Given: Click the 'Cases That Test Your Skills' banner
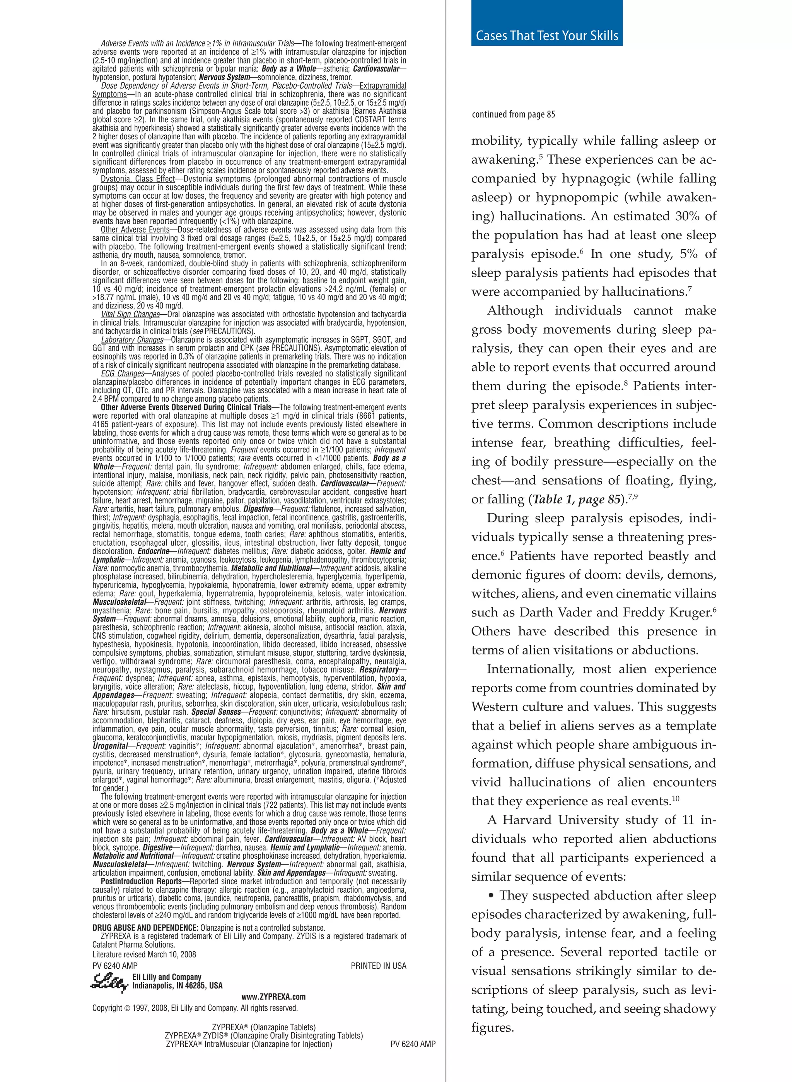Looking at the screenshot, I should [546, 36].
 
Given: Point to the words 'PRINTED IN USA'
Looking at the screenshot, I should [378, 966].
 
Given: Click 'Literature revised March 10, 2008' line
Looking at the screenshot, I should [144, 954].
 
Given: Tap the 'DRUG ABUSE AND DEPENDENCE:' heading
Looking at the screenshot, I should [145, 928].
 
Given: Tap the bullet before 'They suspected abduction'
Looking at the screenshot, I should [491, 896].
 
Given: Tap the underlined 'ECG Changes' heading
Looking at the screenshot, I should [122, 373].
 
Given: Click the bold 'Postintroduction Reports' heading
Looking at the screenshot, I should [141, 882].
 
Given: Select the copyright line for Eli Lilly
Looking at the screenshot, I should [195, 1008].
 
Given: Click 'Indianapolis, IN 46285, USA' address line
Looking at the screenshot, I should [178, 986].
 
